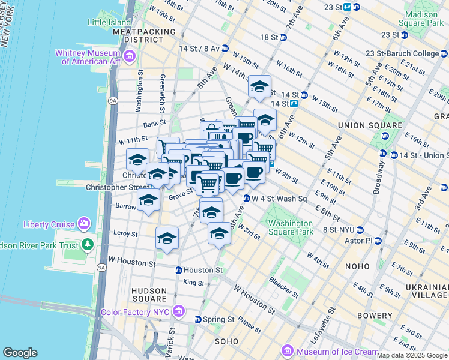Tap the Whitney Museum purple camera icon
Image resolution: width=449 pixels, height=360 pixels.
[x=131, y=56]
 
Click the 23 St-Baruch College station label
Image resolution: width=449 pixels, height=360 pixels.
[x=406, y=54]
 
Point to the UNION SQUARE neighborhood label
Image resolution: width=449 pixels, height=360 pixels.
[x=369, y=125]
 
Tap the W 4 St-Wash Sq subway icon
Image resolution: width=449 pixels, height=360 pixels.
[x=246, y=199]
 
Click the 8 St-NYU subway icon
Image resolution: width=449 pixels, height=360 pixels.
[x=360, y=230]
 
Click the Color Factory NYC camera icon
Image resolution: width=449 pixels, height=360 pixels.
[x=178, y=311]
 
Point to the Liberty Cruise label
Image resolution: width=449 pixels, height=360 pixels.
[x=49, y=225]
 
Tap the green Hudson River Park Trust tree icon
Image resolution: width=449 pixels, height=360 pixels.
[x=88, y=244]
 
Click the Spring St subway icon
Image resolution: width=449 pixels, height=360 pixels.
[x=198, y=319]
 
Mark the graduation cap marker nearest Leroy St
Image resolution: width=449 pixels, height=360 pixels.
[x=167, y=237]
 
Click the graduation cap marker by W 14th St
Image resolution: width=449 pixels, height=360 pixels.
[x=259, y=86]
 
